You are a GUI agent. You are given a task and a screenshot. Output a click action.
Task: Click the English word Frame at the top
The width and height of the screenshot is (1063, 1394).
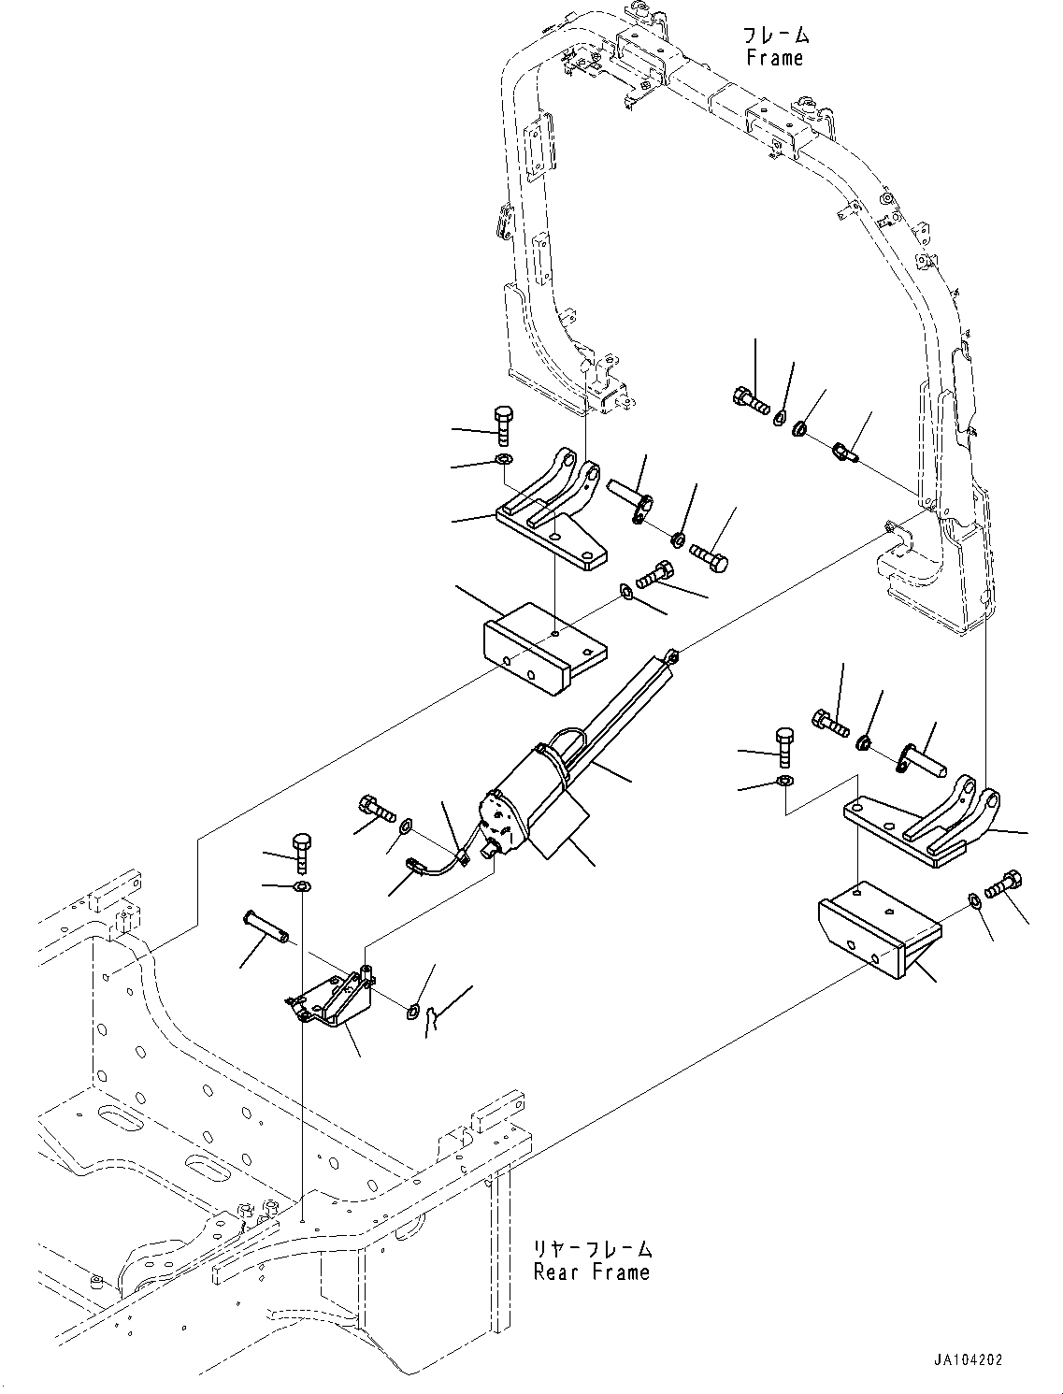coord(774,58)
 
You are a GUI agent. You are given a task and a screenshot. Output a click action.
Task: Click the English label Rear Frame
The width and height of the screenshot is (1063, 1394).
coord(591,1272)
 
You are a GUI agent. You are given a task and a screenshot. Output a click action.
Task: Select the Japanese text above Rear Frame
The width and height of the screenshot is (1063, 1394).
coord(593,1249)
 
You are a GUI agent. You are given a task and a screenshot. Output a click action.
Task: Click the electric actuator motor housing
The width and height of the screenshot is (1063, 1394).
coord(524,804)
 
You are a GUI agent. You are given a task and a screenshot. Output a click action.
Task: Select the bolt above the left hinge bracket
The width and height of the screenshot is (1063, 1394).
coord(501,424)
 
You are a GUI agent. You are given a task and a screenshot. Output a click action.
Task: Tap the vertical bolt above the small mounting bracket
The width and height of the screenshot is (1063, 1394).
coord(302,851)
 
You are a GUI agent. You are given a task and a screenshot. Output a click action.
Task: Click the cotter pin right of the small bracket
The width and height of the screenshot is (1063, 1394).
coord(430,1020)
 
